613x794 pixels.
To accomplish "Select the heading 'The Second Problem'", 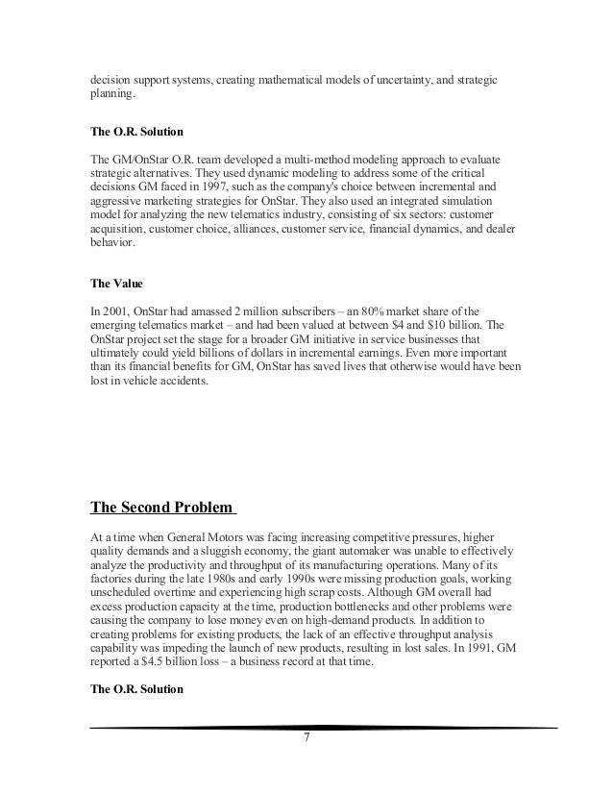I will [x=162, y=508].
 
